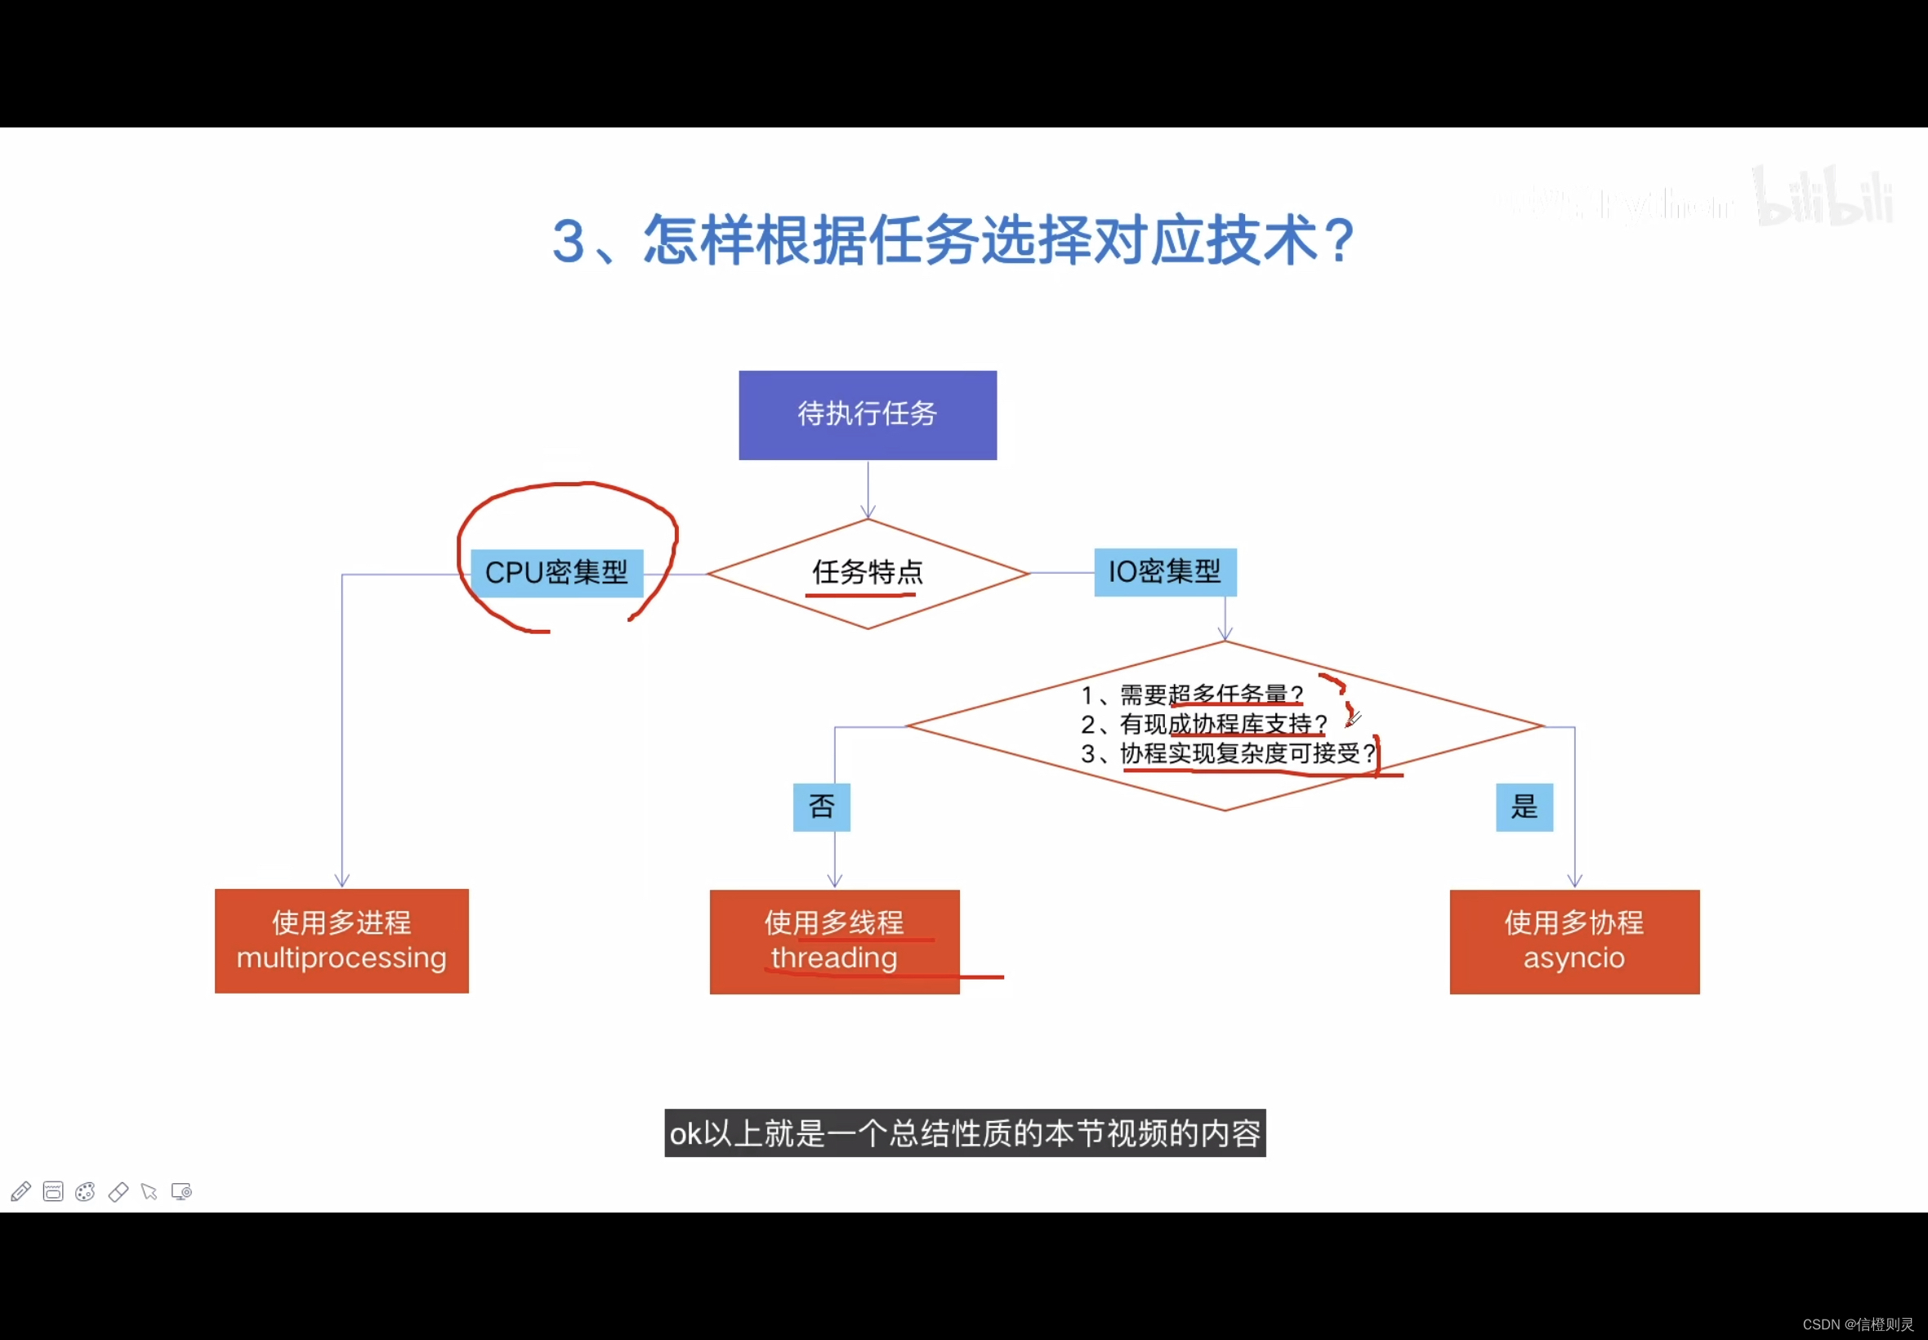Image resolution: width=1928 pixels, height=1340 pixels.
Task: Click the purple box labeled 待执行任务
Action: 867,415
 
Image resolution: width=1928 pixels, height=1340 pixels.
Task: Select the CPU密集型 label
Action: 556,573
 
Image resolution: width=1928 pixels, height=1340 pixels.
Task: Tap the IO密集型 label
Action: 1164,572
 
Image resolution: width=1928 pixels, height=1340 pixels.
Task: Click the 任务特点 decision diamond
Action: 867,573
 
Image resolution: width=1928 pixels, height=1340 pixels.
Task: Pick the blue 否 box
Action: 821,806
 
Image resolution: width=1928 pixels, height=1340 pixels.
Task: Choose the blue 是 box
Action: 1524,806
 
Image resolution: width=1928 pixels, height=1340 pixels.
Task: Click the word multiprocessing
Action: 341,958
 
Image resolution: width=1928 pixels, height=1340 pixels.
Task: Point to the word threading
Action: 833,958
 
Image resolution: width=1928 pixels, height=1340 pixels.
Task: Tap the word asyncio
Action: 1573,958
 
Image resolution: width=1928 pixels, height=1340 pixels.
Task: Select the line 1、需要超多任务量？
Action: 1192,695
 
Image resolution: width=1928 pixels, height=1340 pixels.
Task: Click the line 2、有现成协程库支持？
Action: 1203,724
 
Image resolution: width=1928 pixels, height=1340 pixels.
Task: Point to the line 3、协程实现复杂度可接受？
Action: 1228,753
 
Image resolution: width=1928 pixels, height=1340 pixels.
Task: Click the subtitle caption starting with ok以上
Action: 965,1133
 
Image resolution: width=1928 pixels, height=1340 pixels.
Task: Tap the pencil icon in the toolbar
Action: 21,1191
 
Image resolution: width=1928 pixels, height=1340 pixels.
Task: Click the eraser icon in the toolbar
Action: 118,1191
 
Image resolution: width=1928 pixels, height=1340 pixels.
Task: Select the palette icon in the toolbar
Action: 85,1191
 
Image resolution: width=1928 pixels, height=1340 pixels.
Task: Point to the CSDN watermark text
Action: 1857,1324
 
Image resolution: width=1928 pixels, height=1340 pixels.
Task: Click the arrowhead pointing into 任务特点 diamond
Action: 868,511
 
